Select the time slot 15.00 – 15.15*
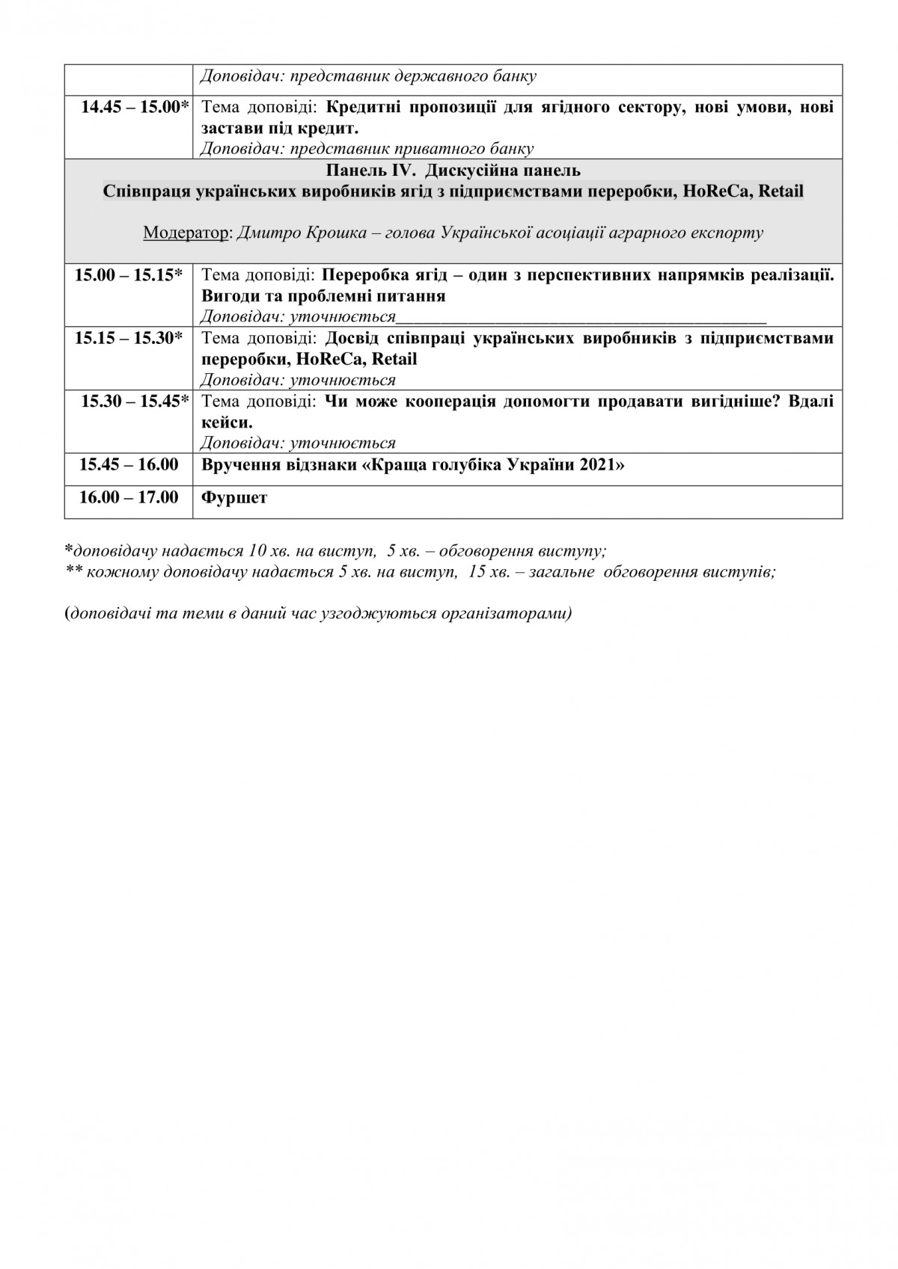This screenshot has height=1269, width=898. click(x=129, y=274)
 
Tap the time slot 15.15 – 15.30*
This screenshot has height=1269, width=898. click(x=129, y=338)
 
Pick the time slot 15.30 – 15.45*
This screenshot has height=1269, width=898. click(x=135, y=401)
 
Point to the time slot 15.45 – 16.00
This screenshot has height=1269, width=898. click(x=129, y=464)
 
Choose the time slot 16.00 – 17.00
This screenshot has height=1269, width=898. click(x=129, y=497)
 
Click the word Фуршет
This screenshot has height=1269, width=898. click(x=234, y=497)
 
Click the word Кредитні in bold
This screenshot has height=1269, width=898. click(x=363, y=106)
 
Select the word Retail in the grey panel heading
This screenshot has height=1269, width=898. click(x=781, y=191)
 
